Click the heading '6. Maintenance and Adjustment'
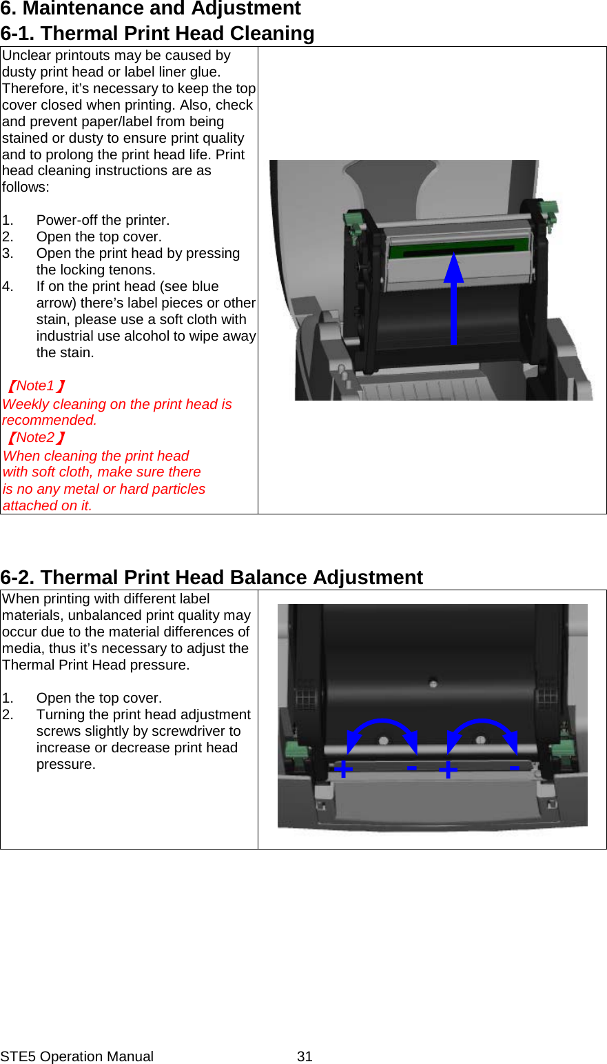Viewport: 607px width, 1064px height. pos(150,9)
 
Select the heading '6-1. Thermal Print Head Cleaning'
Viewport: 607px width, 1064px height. pos(157,33)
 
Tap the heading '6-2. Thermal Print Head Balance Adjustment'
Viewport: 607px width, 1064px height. pos(212,577)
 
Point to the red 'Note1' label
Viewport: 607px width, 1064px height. pos(36,385)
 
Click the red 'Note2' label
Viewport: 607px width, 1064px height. pos(36,437)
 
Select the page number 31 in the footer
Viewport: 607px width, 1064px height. pos(305,1056)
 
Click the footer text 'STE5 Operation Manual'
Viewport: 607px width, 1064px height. pos(76,1056)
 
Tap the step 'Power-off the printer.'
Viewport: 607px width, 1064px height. pos(103,220)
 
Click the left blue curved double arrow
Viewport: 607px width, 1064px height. pos(382,734)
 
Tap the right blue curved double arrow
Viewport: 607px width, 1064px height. pos(482,734)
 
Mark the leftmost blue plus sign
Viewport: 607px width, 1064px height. pos(343,768)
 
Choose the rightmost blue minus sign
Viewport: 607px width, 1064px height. pos(514,767)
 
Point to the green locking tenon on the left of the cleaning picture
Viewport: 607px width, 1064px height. pos(353,222)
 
